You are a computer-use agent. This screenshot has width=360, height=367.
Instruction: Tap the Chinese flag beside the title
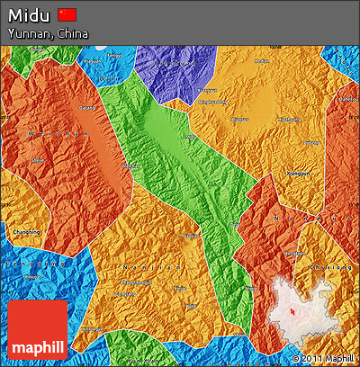pyautogui.click(x=67, y=14)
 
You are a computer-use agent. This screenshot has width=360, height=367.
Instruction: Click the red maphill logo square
pyautogui.click(x=39, y=329)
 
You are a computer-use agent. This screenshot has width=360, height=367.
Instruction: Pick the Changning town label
pyautogui.click(x=25, y=232)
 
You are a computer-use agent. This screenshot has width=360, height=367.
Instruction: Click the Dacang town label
pyautogui.click(x=87, y=108)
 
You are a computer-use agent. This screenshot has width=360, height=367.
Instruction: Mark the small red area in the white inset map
pyautogui.click(x=292, y=311)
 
